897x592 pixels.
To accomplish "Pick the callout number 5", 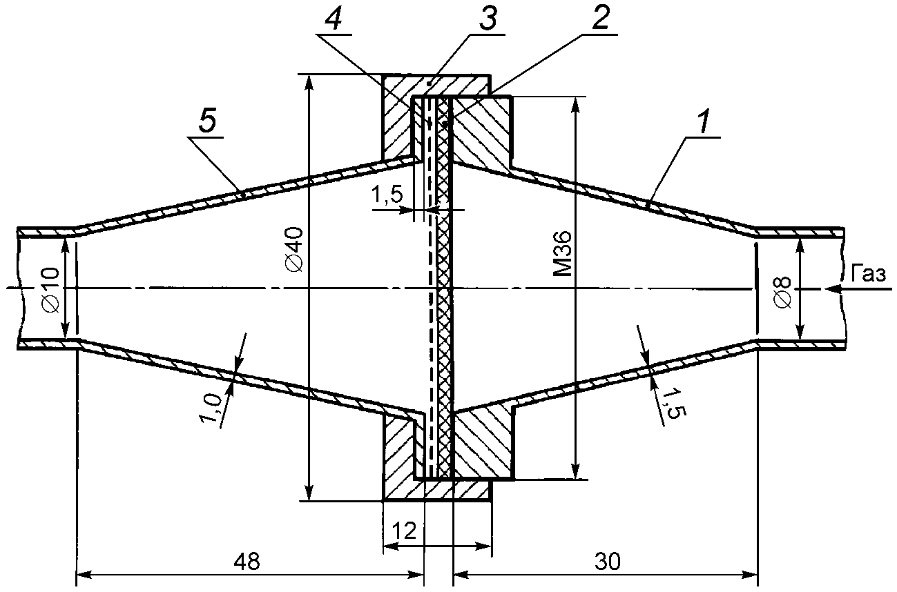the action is click(206, 124).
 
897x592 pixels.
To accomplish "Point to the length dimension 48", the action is click(247, 562).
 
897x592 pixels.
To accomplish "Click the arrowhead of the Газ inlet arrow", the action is click(831, 290).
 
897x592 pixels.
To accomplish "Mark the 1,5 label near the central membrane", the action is click(386, 196).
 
